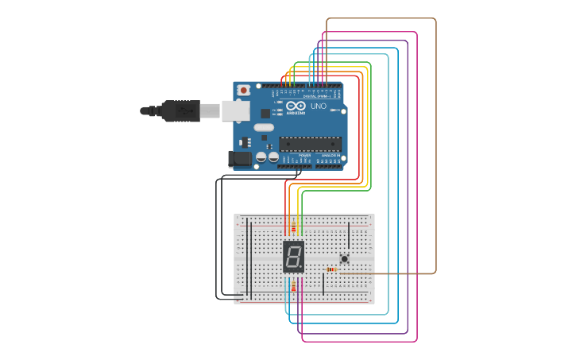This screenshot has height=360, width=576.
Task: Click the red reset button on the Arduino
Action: click(244, 89)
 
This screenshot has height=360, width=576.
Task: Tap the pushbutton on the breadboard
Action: click(344, 258)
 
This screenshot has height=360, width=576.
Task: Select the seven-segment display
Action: click(293, 256)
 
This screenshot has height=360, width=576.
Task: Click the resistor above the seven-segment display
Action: click(293, 229)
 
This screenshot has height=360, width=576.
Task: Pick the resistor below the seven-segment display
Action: click(293, 286)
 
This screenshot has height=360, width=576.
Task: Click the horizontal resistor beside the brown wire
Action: click(332, 269)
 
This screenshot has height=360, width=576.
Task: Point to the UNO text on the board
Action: click(318, 106)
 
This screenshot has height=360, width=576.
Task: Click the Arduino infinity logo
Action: click(296, 106)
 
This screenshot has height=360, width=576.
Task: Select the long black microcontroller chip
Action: click(310, 144)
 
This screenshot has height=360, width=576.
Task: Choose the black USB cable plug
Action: click(180, 110)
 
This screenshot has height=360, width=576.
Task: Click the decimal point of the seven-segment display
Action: click(301, 268)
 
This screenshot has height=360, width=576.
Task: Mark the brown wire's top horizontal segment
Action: click(381, 18)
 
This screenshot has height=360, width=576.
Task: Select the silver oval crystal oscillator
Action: click(264, 127)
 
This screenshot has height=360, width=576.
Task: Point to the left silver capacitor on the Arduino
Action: click(261, 157)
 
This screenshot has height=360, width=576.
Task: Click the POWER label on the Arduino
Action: click(304, 156)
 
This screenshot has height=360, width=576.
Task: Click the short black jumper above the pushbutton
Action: click(348, 235)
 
